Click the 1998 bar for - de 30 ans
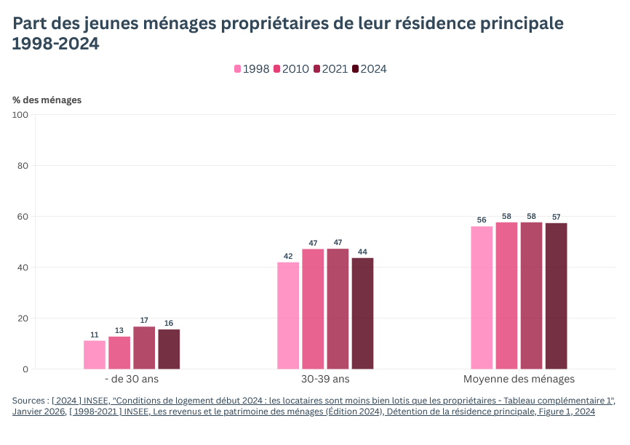[95, 355]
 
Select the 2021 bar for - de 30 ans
[144, 348]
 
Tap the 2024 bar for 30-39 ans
[362, 313]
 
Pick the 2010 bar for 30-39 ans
[313, 309]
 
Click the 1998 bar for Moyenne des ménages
[482, 297]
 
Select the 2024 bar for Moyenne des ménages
[556, 296]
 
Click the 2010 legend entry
[291, 69]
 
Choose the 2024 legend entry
[370, 69]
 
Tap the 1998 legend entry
[252, 69]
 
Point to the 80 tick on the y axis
[23, 166]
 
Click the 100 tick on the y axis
[20, 115]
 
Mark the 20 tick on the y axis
[23, 318]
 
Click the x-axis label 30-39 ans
[325, 379]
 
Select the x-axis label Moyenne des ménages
[519, 379]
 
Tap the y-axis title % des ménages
[47, 100]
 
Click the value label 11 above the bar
[95, 334]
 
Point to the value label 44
[362, 252]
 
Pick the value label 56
[482, 220]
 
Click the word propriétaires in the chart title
[274, 23]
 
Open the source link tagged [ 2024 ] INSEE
[333, 401]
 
